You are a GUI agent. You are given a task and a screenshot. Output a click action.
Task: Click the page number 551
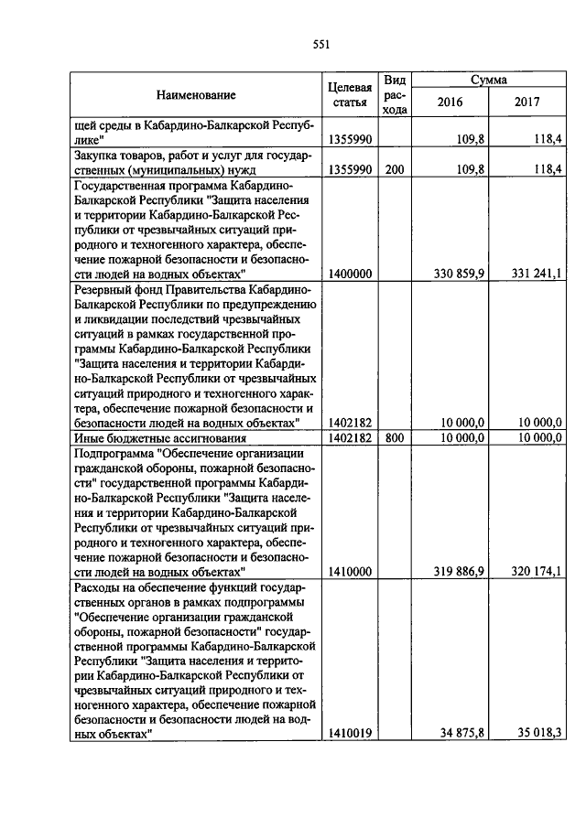320,45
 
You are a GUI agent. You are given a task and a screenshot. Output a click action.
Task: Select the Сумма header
489,81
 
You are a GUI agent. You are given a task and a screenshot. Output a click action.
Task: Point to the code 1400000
349,273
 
